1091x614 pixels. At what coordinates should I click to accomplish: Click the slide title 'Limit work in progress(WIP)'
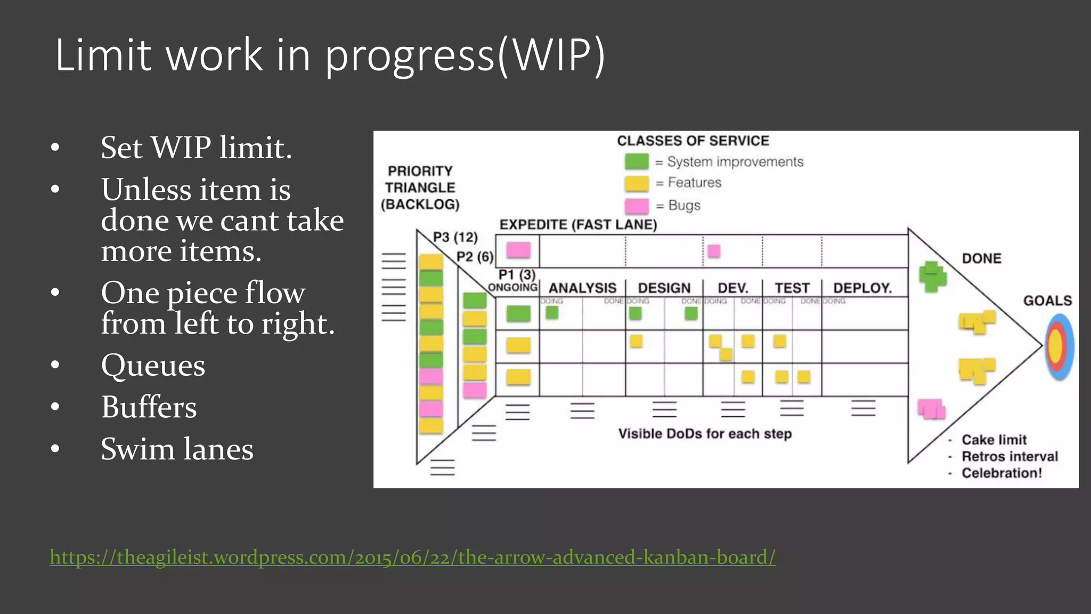(x=330, y=55)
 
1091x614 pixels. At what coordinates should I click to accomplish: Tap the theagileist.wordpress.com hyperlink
(x=413, y=557)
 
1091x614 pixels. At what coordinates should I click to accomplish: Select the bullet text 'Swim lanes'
(x=177, y=449)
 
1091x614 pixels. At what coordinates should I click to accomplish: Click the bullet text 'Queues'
(x=153, y=365)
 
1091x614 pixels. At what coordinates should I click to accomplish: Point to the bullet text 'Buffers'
(x=149, y=407)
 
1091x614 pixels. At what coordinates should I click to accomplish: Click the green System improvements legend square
(x=637, y=161)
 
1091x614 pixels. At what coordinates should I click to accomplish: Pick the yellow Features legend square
(x=637, y=183)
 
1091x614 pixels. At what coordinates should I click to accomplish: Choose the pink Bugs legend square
(x=637, y=206)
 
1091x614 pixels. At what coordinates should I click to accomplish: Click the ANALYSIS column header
(x=582, y=288)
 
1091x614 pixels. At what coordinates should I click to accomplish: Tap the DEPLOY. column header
(x=862, y=288)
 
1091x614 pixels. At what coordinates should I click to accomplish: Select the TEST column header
(x=792, y=288)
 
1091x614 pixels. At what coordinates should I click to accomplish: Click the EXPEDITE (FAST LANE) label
(x=578, y=224)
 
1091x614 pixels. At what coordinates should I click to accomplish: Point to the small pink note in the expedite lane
(x=714, y=251)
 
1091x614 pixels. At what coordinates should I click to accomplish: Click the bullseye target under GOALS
(x=1059, y=346)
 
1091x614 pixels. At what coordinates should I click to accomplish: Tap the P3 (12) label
(x=455, y=237)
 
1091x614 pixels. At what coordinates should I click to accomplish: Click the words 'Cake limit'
(x=994, y=440)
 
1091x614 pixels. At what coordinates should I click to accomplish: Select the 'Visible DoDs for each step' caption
(x=705, y=434)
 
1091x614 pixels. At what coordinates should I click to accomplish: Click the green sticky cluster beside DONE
(x=932, y=276)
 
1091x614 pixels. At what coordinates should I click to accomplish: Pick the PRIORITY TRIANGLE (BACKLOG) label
(x=420, y=188)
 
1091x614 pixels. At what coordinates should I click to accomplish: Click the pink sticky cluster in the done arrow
(x=931, y=409)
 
